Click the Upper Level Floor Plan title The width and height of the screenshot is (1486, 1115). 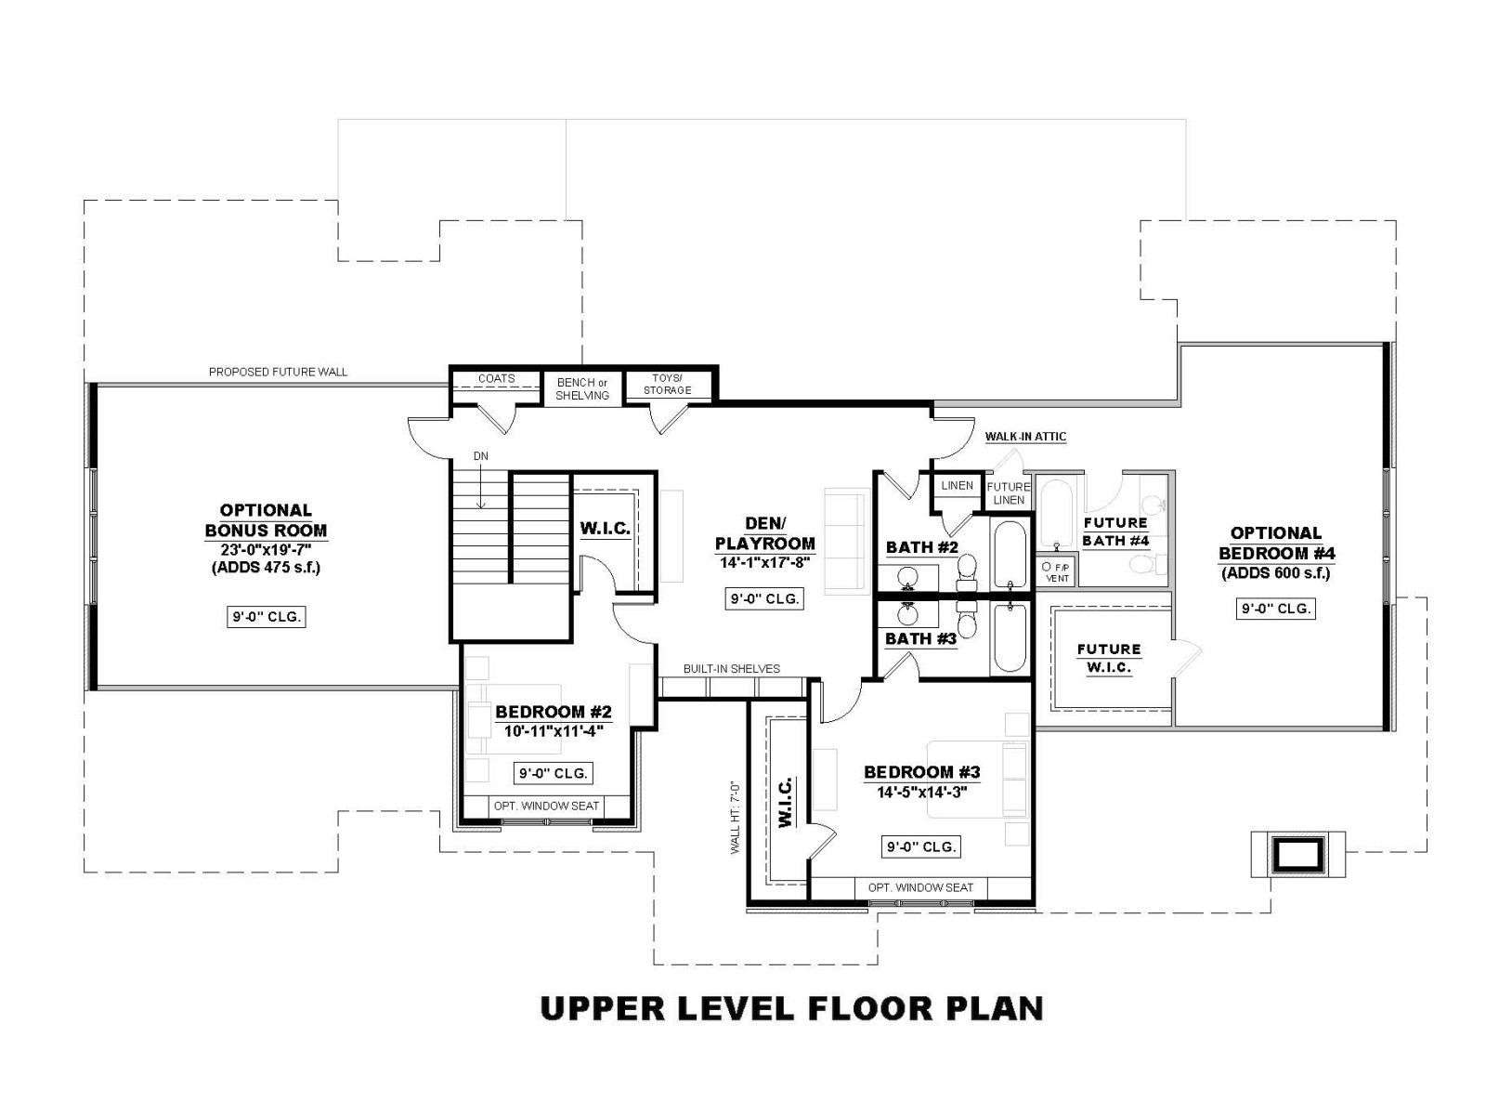(x=791, y=1008)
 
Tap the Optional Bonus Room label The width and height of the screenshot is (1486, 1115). (x=266, y=520)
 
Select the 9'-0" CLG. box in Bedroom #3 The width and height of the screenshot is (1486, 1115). (x=920, y=846)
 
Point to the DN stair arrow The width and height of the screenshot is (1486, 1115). (x=481, y=485)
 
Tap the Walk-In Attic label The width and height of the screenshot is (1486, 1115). (x=1025, y=437)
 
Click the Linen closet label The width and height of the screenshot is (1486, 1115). (x=958, y=485)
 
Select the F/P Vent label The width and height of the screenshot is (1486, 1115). (x=1057, y=572)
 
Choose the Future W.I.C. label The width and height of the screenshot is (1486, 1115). (x=1109, y=658)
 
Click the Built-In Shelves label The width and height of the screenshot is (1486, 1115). (x=731, y=669)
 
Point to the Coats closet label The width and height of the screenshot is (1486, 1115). (x=496, y=378)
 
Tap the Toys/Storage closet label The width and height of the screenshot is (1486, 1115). (x=667, y=384)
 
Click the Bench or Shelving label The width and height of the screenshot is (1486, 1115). (x=582, y=389)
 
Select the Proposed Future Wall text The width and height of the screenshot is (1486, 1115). (x=278, y=372)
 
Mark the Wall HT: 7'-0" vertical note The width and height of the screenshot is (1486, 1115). (x=736, y=818)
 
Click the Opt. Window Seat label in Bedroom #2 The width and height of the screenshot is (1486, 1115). (x=546, y=806)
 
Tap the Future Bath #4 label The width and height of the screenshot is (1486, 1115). (x=1115, y=531)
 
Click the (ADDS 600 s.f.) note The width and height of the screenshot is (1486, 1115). (x=1275, y=573)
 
